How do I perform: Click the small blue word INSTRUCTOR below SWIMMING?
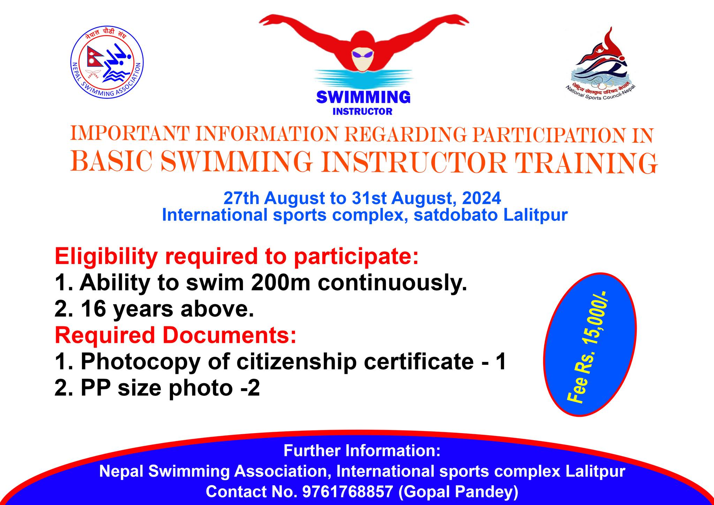click(x=363, y=112)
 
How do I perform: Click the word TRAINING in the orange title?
click(x=585, y=163)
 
